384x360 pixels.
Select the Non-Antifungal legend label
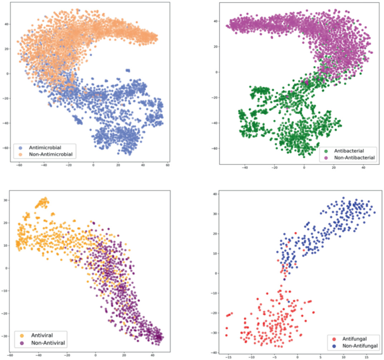click(355, 346)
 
